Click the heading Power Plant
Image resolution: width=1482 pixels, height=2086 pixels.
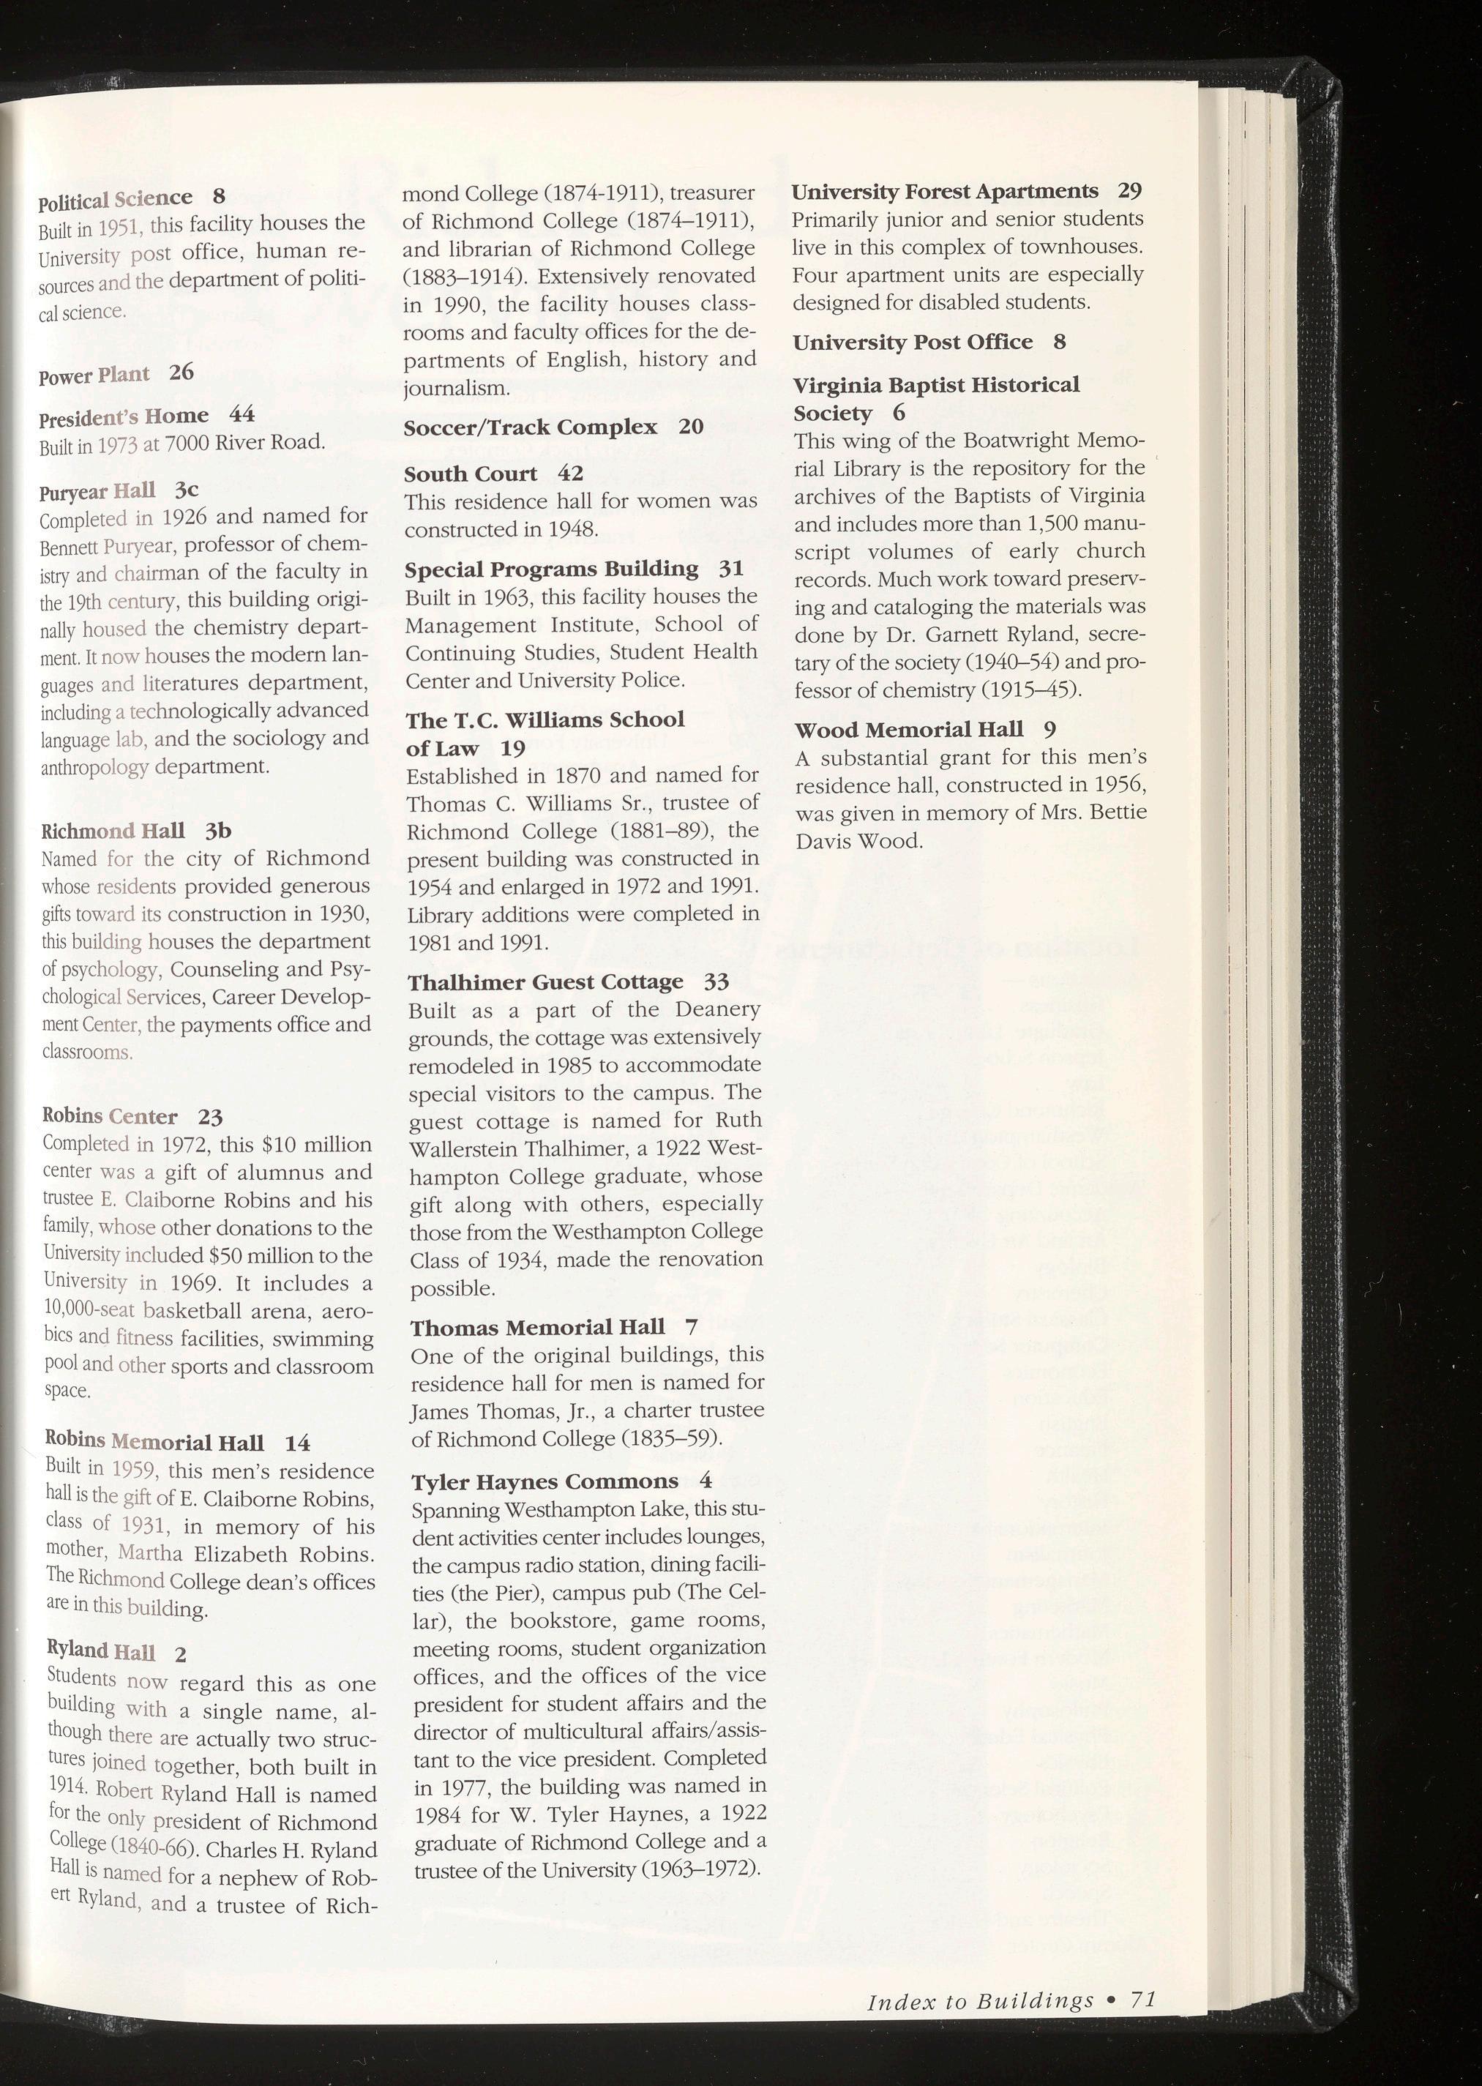click(94, 375)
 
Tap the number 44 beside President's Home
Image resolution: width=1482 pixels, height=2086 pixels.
click(241, 414)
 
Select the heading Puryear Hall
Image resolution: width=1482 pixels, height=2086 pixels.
click(97, 492)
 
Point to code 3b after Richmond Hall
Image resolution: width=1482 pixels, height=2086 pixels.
click(218, 831)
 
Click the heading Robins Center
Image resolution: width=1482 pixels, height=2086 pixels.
click(110, 1117)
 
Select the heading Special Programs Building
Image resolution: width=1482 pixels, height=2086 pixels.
click(551, 569)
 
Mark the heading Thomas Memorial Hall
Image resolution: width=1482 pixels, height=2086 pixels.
click(537, 1327)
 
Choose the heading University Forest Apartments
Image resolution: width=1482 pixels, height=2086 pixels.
click(945, 192)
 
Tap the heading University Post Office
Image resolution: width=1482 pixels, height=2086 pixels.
click(913, 343)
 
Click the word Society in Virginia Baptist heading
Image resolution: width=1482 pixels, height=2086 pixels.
click(832, 414)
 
